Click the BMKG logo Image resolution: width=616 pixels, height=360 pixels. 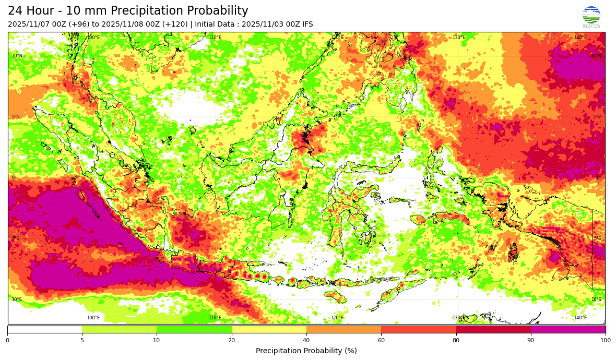[591, 16]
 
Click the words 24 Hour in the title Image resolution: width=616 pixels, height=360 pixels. [32, 11]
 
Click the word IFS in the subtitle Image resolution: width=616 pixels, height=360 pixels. [306, 25]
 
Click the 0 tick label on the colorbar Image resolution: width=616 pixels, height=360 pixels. [7, 341]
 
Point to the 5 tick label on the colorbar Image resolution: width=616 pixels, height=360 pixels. [82, 341]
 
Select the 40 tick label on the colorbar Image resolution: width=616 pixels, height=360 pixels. [306, 341]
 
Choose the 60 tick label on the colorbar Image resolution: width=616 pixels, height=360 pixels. [381, 341]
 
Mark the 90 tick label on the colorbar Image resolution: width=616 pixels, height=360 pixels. [531, 341]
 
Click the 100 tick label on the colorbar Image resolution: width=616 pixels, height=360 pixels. [605, 341]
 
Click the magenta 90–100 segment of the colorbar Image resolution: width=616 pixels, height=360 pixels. [568, 329]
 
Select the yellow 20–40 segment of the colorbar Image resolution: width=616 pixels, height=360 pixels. [269, 329]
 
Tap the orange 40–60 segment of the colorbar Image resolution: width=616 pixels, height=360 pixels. [343, 329]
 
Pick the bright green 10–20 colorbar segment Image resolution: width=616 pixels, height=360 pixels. [194, 329]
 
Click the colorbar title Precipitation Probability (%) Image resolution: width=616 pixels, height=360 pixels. [306, 351]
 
